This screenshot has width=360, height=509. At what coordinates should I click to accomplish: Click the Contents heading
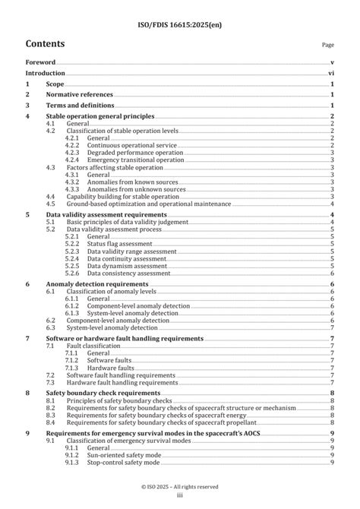click(x=45, y=44)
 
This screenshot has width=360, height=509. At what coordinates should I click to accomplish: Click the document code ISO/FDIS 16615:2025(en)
click(x=180, y=9)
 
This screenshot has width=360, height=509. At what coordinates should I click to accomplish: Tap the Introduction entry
click(x=46, y=73)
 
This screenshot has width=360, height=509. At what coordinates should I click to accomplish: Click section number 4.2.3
click(x=72, y=152)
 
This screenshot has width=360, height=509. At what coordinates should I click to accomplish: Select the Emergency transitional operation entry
click(x=135, y=160)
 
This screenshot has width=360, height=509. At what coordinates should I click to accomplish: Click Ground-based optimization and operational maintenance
click(x=148, y=204)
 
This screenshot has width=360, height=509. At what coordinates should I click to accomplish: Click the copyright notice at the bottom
click(x=180, y=486)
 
